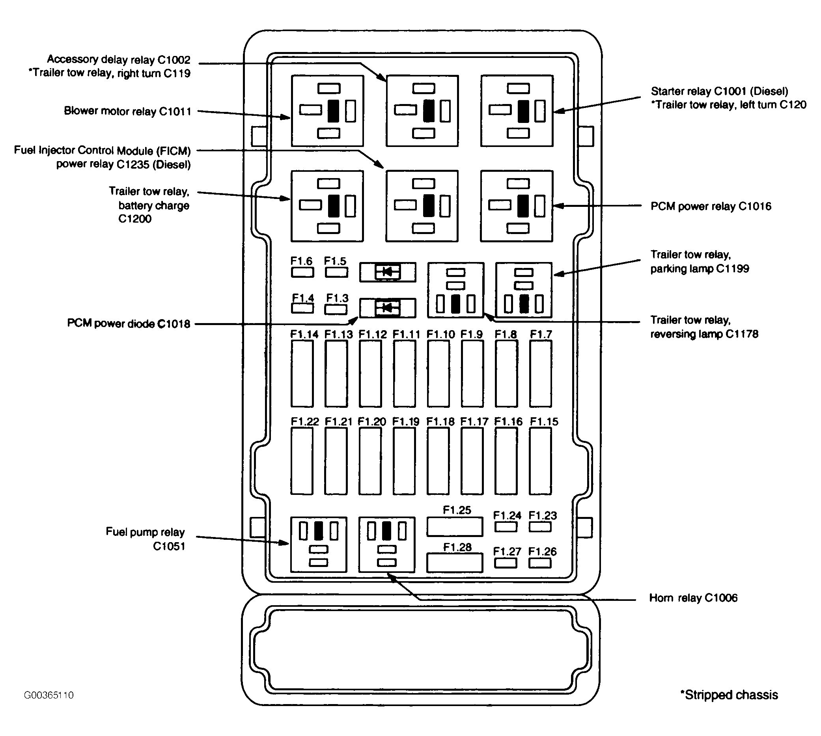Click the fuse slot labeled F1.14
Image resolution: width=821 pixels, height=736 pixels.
(302, 373)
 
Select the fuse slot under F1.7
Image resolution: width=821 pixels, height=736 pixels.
(541, 373)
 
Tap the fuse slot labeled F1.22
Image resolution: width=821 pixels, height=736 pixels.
(302, 461)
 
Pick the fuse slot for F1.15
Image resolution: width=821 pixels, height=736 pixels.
(541, 461)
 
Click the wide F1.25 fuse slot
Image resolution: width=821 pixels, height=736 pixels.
(455, 526)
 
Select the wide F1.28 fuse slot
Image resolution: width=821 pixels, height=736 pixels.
(455, 563)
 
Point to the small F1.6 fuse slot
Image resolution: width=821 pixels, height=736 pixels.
(302, 272)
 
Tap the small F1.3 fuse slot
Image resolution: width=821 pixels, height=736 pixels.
(336, 309)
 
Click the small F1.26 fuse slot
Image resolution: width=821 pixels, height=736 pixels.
(540, 563)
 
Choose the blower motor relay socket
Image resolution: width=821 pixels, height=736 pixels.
(327, 111)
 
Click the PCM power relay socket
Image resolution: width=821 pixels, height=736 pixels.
(517, 206)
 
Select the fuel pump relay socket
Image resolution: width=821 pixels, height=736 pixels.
(319, 544)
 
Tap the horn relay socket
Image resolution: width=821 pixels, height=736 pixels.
(387, 544)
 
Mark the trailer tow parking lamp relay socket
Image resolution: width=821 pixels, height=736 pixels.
(524, 290)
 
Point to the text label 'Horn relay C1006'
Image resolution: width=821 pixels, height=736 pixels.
(693, 598)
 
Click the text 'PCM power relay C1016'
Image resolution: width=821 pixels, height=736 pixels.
(711, 206)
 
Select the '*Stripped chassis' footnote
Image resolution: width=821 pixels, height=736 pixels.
(729, 695)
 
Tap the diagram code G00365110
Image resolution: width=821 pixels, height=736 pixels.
(49, 695)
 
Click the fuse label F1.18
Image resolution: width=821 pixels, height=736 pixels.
(440, 421)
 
